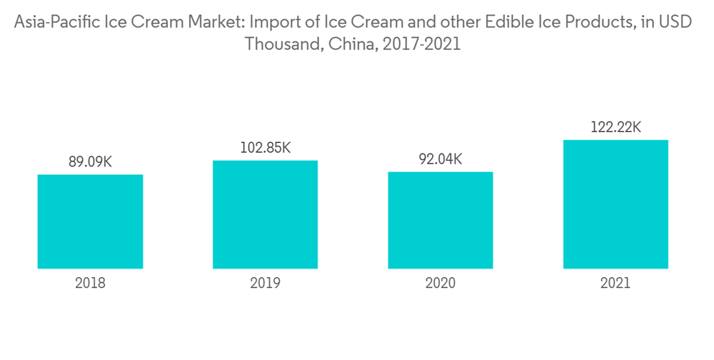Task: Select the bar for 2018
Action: tap(90, 221)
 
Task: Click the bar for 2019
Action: tap(265, 214)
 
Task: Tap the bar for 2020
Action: tap(441, 220)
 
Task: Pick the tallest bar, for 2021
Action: tap(615, 204)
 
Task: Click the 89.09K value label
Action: tap(90, 162)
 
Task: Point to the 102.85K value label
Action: tap(265, 148)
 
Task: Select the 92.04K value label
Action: tap(441, 159)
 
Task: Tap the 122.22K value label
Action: tap(615, 128)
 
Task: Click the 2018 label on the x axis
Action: tap(90, 284)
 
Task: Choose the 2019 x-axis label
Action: tap(265, 284)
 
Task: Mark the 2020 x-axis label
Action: tap(441, 284)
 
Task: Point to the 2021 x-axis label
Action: tap(615, 284)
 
